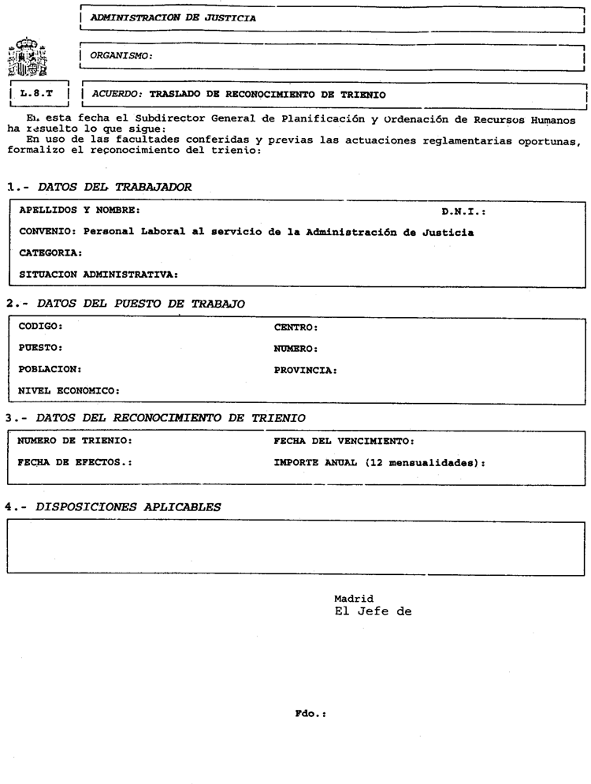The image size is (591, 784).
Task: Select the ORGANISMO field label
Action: (x=121, y=55)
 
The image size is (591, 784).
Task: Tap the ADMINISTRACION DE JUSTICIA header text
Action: (x=173, y=16)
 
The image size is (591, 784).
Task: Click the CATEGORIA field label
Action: (x=50, y=253)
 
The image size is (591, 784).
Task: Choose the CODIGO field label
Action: (x=40, y=326)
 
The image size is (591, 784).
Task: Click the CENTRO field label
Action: (x=295, y=326)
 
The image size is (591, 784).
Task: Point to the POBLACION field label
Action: (x=50, y=368)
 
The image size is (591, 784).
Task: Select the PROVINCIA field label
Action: (x=306, y=369)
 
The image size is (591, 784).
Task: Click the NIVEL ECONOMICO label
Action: (x=69, y=390)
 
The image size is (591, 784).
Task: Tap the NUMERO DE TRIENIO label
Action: (x=75, y=440)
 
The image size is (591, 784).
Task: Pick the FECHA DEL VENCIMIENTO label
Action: (x=344, y=440)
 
